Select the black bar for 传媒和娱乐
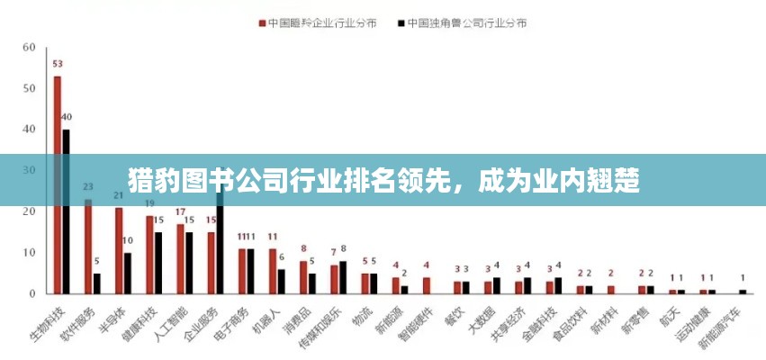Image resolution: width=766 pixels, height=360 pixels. pos(343,277)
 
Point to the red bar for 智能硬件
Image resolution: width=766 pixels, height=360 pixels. pos(427,285)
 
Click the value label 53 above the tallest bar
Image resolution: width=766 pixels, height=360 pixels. pos(58,64)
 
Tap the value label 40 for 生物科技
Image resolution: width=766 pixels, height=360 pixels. pos(67,117)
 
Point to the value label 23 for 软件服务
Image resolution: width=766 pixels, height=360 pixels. pos(88,187)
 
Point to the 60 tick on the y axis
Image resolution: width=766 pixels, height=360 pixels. pos(29,48)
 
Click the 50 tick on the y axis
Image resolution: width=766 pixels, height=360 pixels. pos(29,89)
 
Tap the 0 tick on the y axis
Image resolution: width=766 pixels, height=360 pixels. pos(32,293)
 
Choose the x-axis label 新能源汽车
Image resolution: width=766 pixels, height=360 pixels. pos(720,328)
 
